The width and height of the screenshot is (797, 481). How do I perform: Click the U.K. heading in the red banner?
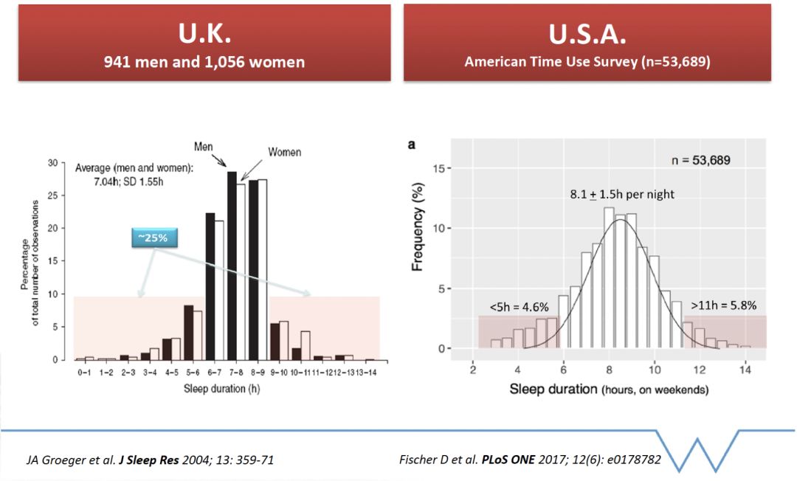(x=204, y=33)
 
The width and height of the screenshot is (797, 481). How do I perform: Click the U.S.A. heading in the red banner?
(x=587, y=33)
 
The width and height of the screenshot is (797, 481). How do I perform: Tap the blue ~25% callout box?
(x=155, y=238)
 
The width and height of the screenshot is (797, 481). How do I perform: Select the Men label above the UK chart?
(x=204, y=147)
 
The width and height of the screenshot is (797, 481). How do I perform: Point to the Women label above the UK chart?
(x=284, y=152)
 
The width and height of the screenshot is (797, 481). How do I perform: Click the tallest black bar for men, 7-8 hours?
(x=232, y=266)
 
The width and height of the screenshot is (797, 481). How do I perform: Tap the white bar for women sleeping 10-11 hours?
(x=306, y=345)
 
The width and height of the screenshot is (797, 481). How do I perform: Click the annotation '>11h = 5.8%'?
(x=723, y=304)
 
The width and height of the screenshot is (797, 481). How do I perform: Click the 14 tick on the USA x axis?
(x=745, y=369)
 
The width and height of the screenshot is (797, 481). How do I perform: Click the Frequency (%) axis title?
(x=418, y=229)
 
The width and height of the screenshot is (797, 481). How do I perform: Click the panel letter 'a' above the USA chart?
(x=412, y=145)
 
